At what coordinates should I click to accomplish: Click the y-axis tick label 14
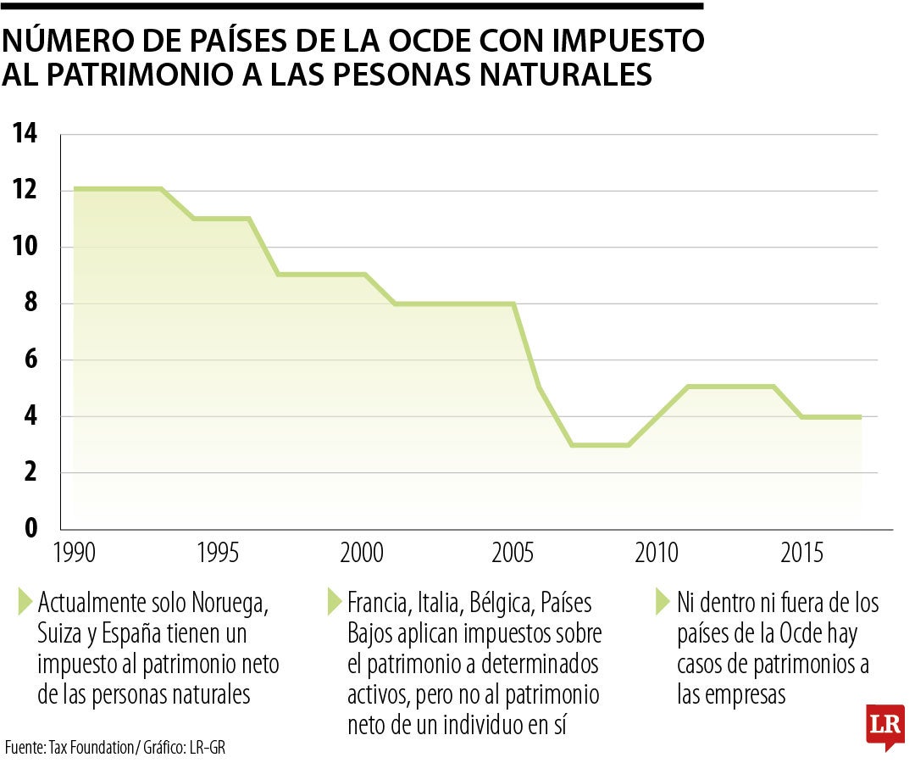(x=25, y=133)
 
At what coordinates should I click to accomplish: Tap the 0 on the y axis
(x=30, y=528)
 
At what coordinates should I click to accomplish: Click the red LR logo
(x=884, y=727)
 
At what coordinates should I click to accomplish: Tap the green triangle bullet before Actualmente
(x=25, y=603)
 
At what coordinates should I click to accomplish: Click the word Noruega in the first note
(x=226, y=604)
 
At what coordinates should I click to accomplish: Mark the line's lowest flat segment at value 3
(x=600, y=444)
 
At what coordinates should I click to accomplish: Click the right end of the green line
(x=860, y=416)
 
